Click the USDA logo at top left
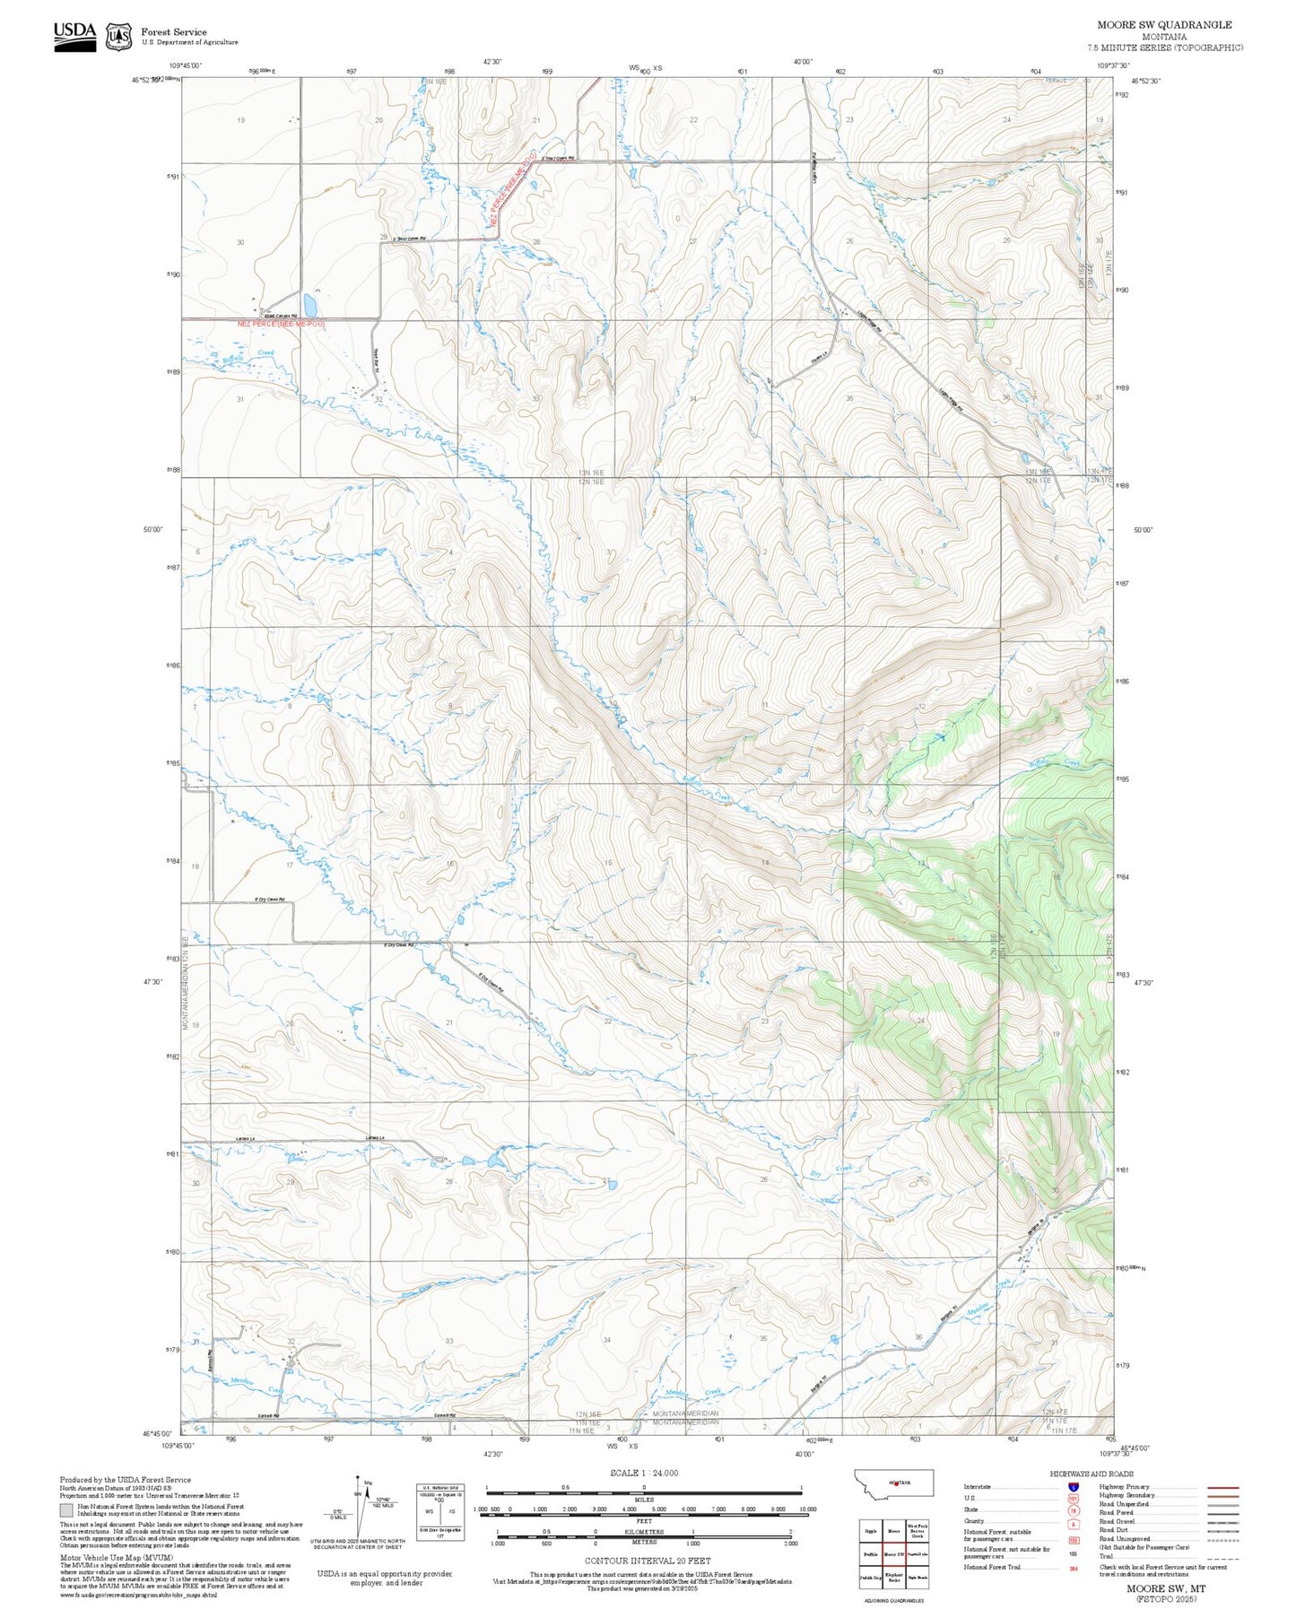74,35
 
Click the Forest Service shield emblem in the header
118,36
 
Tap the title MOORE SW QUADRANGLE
1164,24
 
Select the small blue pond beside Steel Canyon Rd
309,301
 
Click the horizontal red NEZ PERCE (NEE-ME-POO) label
280,323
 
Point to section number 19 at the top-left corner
240,120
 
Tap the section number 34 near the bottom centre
607,1340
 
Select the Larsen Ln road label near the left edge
246,1139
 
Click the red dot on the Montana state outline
895,1483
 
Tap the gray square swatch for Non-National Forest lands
66,1509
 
